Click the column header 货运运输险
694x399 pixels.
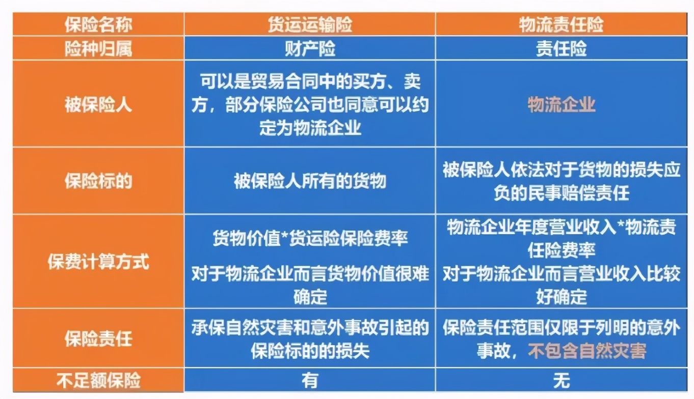pyautogui.click(x=310, y=25)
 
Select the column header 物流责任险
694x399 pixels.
pyautogui.click(x=561, y=25)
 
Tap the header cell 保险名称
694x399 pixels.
pyautogui.click(x=98, y=25)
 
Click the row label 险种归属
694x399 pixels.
pyautogui.click(x=98, y=48)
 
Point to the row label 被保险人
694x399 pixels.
pyautogui.click(x=98, y=105)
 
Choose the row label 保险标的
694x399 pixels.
pyautogui.click(x=98, y=181)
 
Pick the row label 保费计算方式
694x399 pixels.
pyautogui.click(x=98, y=262)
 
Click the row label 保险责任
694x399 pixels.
pyautogui.click(x=98, y=338)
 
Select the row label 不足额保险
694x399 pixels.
pyautogui.click(x=98, y=380)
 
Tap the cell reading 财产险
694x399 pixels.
pyautogui.click(x=310, y=48)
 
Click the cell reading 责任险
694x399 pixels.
pyautogui.click(x=561, y=48)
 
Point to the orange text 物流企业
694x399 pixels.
pyautogui.click(x=561, y=105)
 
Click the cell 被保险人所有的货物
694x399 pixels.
pyautogui.click(x=310, y=181)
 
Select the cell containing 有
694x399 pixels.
pyautogui.click(x=310, y=380)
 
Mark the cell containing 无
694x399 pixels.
pyautogui.click(x=561, y=380)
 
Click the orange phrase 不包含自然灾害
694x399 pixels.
pyautogui.click(x=587, y=351)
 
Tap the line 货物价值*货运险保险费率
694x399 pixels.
pyautogui.click(x=310, y=239)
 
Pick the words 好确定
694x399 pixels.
pyautogui.click(x=561, y=296)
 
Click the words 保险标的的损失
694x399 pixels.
pyautogui.click(x=310, y=352)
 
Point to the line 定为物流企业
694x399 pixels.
pyautogui.click(x=310, y=127)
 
